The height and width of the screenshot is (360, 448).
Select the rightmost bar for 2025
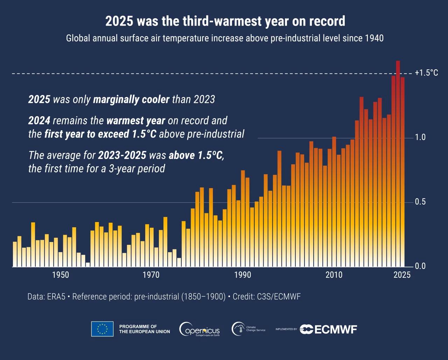(402, 172)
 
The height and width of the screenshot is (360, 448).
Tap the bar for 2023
(393, 171)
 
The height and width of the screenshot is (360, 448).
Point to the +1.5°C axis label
(426, 73)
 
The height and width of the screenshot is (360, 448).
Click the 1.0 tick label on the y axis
(420, 137)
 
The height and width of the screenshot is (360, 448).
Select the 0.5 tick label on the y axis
(420, 202)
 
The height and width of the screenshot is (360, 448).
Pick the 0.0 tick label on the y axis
(420, 266)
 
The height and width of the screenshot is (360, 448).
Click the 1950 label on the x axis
(61, 275)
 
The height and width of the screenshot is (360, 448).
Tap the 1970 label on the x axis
(152, 275)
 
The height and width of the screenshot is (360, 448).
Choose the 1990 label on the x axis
(243, 275)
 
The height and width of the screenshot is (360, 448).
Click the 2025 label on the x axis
(402, 275)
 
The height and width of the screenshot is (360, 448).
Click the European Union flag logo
(102, 329)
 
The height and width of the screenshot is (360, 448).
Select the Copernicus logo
(199, 329)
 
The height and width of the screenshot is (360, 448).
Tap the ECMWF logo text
(335, 330)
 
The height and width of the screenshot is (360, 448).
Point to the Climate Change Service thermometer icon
(238, 329)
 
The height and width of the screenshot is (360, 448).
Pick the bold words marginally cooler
(131, 99)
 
